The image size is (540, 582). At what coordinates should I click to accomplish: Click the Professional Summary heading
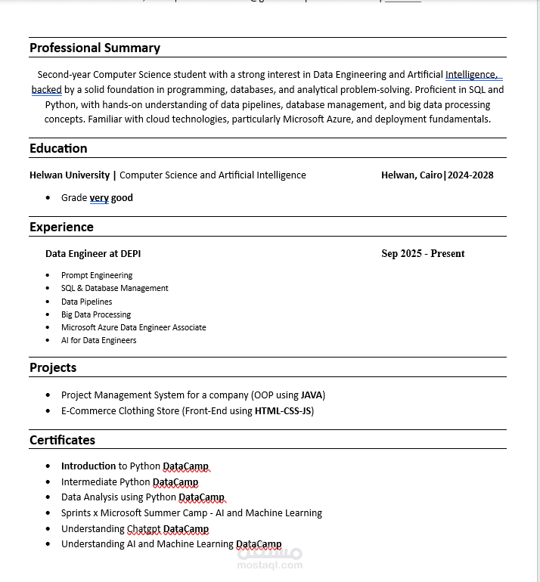coord(95,48)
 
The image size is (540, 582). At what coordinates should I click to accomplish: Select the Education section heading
coord(58,148)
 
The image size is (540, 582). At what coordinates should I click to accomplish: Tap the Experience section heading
coord(61,227)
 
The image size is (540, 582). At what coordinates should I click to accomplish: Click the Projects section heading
coord(53,367)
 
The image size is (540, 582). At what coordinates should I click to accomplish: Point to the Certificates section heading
coord(62,440)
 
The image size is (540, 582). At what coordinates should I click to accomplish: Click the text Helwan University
coord(70,175)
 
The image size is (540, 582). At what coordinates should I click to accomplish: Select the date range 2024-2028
coord(471,175)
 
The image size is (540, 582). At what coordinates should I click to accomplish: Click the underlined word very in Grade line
coord(99,198)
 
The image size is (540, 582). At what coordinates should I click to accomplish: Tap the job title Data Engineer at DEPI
coord(93,253)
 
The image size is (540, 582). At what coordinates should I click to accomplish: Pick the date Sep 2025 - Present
coord(423,253)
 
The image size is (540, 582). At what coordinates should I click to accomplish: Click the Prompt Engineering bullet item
coord(97,275)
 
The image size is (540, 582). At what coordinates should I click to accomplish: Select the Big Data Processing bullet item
coord(96,314)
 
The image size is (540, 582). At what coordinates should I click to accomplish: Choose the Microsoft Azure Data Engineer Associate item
coord(134,327)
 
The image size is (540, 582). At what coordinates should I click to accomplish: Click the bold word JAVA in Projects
coord(312,395)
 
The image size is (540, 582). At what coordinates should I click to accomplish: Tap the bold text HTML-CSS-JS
coord(284,411)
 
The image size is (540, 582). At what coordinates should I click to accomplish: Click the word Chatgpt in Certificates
coord(144,529)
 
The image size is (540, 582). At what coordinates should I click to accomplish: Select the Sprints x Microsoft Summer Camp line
coord(191,513)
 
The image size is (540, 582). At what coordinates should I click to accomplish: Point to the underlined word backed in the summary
coord(46,90)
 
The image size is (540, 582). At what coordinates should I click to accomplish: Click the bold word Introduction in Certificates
coord(88,466)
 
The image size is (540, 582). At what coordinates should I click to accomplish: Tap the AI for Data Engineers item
coord(99,340)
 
